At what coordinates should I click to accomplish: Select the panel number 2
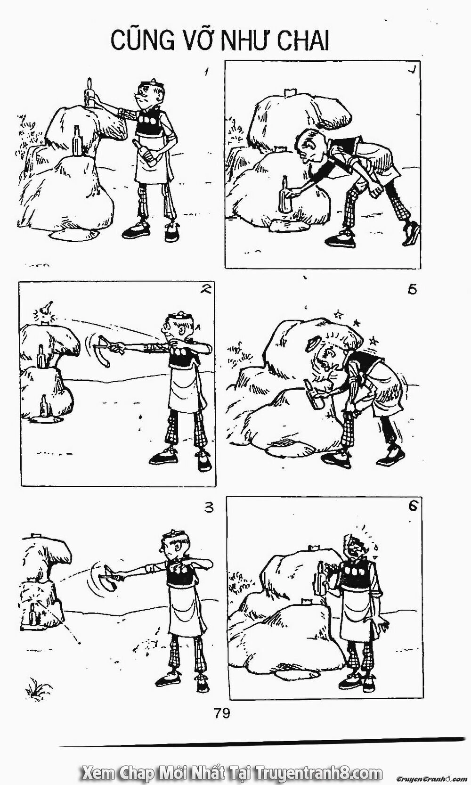pyautogui.click(x=205, y=291)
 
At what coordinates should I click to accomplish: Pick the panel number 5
pyautogui.click(x=413, y=289)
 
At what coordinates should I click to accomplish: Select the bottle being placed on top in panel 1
pyautogui.click(x=88, y=93)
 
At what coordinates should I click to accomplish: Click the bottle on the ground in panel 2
pyautogui.click(x=44, y=406)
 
